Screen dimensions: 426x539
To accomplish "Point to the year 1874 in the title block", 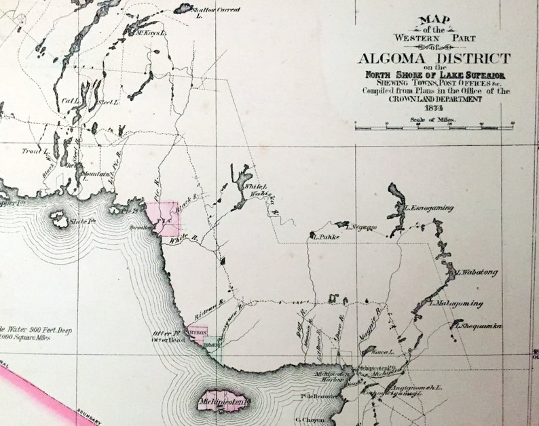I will pyautogui.click(x=432, y=109).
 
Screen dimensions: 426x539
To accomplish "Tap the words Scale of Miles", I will pyautogui.click(x=432, y=119).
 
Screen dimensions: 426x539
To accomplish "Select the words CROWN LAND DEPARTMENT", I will pyautogui.click(x=435, y=99).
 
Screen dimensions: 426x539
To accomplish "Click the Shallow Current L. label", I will pyautogui.click(x=217, y=12).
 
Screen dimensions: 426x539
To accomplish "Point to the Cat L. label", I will pyautogui.click(x=70, y=101).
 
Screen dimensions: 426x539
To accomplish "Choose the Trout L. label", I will pyautogui.click(x=31, y=151).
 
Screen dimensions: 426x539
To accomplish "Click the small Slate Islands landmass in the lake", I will pyautogui.click(x=60, y=218).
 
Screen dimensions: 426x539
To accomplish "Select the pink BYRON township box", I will pyautogui.click(x=198, y=334).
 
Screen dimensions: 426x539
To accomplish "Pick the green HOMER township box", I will pyautogui.click(x=212, y=345).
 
